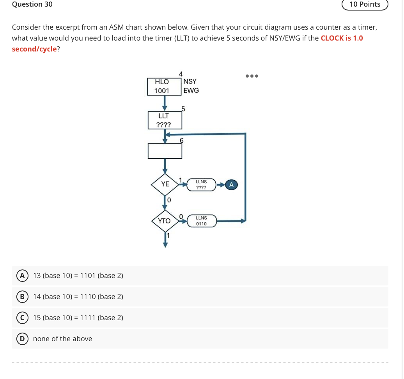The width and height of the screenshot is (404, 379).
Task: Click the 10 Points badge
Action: (x=365, y=4)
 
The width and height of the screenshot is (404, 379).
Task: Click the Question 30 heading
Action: (x=32, y=4)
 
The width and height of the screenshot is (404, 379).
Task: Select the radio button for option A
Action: (x=22, y=276)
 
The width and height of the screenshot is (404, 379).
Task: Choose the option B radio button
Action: (x=22, y=297)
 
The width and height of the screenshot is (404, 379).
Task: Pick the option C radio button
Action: (x=22, y=318)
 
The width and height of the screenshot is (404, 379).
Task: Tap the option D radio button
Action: (x=22, y=339)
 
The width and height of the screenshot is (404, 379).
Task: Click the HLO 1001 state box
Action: (x=164, y=87)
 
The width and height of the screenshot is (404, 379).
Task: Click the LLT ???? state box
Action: (x=164, y=120)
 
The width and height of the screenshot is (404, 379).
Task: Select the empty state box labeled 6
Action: (x=165, y=151)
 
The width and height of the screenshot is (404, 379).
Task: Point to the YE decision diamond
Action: (x=165, y=184)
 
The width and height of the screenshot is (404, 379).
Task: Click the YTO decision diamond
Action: (x=165, y=221)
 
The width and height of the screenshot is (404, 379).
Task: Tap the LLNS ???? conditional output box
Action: (x=201, y=185)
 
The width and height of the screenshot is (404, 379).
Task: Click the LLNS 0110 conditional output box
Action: (x=201, y=221)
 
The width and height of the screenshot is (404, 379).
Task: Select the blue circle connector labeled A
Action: (x=232, y=185)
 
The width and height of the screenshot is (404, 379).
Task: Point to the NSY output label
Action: (x=190, y=81)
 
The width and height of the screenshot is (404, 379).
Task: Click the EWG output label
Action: (x=191, y=90)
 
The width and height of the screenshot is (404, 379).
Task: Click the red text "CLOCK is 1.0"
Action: (x=342, y=38)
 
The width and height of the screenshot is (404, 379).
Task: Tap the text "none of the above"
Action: (x=62, y=339)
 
